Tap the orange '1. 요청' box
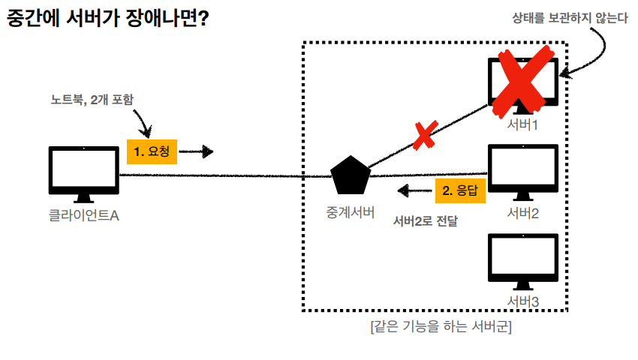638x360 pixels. pos(151,151)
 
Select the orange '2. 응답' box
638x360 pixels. pos(460,190)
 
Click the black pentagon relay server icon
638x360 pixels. pos(351,175)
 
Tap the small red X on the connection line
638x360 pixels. pos(424,136)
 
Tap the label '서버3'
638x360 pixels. pos(523,301)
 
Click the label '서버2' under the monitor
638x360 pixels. pos(523,212)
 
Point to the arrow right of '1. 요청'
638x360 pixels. pos(197,152)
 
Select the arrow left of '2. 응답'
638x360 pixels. pos(414,190)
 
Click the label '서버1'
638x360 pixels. pos(523,124)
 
